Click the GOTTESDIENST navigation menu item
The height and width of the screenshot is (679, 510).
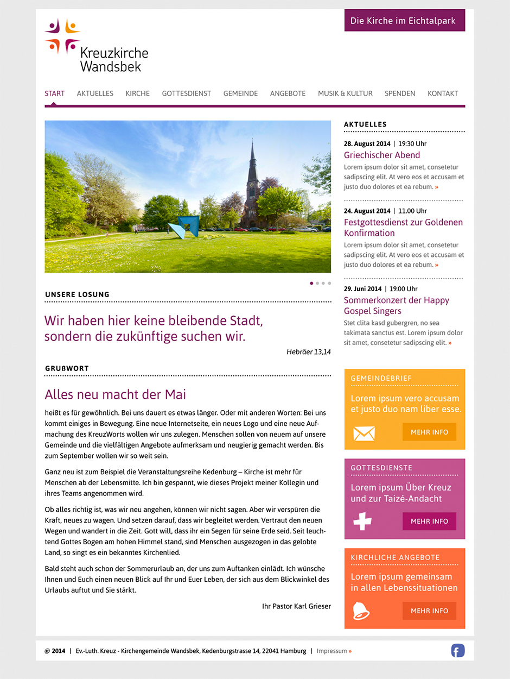186,93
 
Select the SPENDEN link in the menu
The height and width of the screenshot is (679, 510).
400,93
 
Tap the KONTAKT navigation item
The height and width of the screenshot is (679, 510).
443,93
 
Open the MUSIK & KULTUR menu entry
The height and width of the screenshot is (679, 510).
345,93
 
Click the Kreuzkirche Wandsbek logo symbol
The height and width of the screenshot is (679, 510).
62,36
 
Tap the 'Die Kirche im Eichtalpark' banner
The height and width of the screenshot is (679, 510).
404,21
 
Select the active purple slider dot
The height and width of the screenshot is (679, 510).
311,283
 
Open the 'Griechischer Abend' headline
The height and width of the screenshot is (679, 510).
382,155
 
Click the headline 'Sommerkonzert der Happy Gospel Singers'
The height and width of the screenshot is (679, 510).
396,306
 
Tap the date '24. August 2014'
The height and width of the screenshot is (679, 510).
367,211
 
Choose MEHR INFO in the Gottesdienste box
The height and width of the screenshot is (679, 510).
429,521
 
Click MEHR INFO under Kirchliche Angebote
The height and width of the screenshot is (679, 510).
429,611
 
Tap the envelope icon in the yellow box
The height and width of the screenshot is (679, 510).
364,433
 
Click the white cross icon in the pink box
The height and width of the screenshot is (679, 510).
362,521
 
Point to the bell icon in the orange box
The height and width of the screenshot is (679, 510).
361,611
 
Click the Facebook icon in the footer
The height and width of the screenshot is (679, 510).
458,650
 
